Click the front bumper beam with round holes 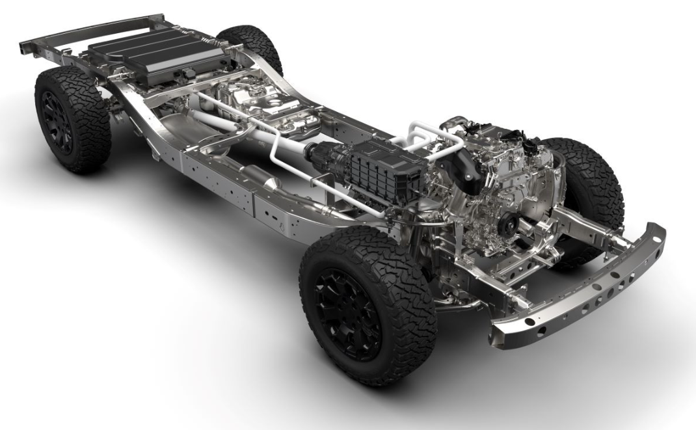[x=585, y=286]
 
